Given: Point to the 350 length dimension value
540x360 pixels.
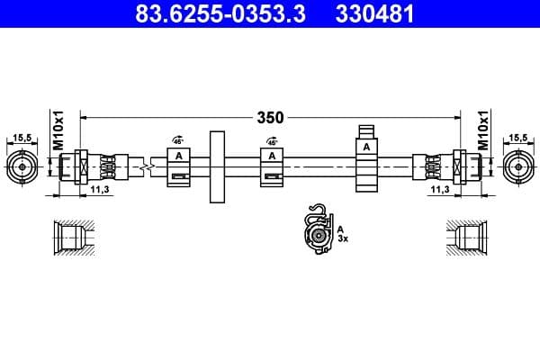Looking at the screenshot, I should pos(270,117).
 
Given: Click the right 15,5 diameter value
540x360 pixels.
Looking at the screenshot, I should pos(518,137).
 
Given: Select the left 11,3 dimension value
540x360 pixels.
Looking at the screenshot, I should pos(99,191).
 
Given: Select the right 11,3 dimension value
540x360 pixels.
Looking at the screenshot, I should pos(439,191).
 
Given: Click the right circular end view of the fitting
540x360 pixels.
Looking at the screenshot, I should pos(518,166).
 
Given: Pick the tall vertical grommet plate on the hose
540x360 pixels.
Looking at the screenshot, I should pos(216,166).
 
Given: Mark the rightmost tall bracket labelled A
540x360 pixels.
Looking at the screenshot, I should pos(366,157).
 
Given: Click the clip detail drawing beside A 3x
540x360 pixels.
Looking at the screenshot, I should pos(317,231).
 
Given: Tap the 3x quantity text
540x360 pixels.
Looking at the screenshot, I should pos(342,240).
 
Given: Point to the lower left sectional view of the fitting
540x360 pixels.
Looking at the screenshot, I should pos(69,238).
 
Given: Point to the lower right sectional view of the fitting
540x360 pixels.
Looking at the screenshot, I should pos(470,238).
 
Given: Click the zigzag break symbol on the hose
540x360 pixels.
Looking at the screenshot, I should pos(146,166).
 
